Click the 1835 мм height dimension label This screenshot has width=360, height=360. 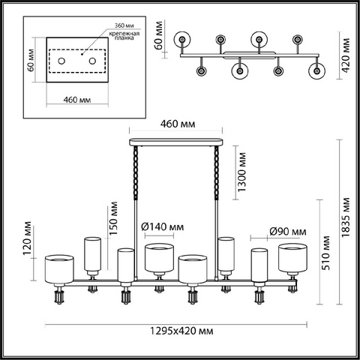pyautogui.click(x=346, y=217)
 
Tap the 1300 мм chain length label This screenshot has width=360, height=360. pyautogui.click(x=241, y=172)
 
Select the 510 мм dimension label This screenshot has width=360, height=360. pyautogui.click(x=325, y=253)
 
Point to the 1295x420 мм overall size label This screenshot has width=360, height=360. pyautogui.click(x=181, y=331)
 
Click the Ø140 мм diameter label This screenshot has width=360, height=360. pyautogui.click(x=163, y=226)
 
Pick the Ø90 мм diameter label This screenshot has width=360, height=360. pyautogui.click(x=288, y=232)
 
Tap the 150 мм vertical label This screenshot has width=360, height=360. pyautogui.click(x=113, y=218)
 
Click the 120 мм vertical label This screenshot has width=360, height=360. pyautogui.click(x=27, y=238)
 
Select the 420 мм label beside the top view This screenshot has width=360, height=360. pyautogui.click(x=346, y=55)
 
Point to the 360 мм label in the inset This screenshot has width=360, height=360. pyautogui.click(x=124, y=25)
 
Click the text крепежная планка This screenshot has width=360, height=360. pyautogui.click(x=124, y=35)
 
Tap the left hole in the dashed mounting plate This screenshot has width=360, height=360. pyautogui.click(x=61, y=61)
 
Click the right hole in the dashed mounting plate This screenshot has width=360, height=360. pyautogui.click(x=92, y=61)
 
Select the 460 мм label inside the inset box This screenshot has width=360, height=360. pyautogui.click(x=77, y=100)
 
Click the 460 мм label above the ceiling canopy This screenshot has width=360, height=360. pyautogui.click(x=178, y=124)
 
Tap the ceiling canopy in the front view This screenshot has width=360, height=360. pyautogui.click(x=175, y=142)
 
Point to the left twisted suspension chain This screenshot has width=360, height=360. pyautogui.click(x=136, y=173)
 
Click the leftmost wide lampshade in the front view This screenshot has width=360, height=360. pyautogui.click(x=59, y=269)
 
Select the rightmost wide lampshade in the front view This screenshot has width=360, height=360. pyautogui.click(x=292, y=258)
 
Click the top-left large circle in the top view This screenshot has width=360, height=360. pyautogui.click(x=183, y=39)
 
